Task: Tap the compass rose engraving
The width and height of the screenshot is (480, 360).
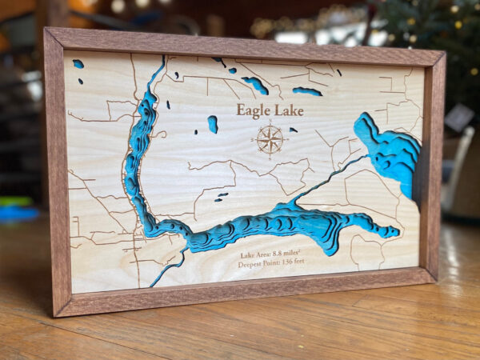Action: click(x=270, y=139)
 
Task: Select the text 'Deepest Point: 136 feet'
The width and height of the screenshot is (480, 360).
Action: click(x=271, y=265)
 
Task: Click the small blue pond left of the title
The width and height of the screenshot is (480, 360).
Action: click(x=213, y=124)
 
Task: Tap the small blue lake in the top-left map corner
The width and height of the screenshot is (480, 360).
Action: click(x=78, y=63)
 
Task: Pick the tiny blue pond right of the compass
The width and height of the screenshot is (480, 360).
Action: click(x=293, y=130)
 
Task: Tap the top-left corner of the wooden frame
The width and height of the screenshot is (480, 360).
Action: click(x=46, y=30)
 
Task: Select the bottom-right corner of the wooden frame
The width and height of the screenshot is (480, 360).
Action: click(x=434, y=280)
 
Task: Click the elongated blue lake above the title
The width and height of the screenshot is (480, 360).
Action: click(x=255, y=85)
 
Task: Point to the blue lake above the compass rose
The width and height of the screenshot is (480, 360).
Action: click(x=306, y=91)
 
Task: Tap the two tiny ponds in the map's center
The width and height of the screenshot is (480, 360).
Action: click(x=222, y=196)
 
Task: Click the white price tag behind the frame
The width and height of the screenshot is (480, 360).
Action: click(x=459, y=118)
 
